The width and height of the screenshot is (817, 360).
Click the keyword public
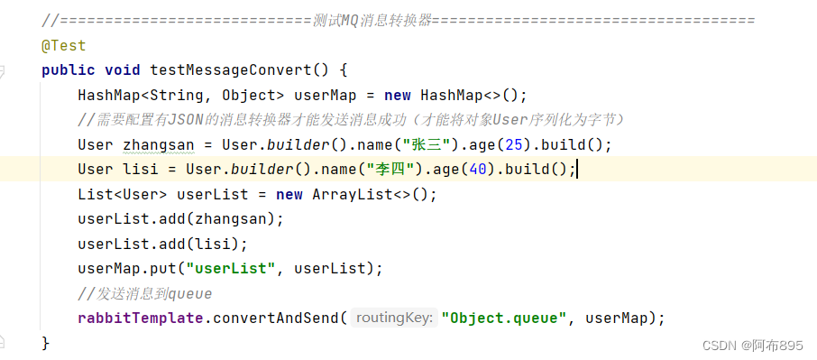tap(69, 69)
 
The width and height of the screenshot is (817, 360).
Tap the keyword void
tap(123, 69)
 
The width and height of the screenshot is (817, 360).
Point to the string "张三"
tap(424, 144)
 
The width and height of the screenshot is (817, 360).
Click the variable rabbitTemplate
tap(136, 318)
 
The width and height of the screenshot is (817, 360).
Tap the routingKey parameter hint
tap(394, 318)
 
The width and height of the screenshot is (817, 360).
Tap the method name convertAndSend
tap(271, 318)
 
